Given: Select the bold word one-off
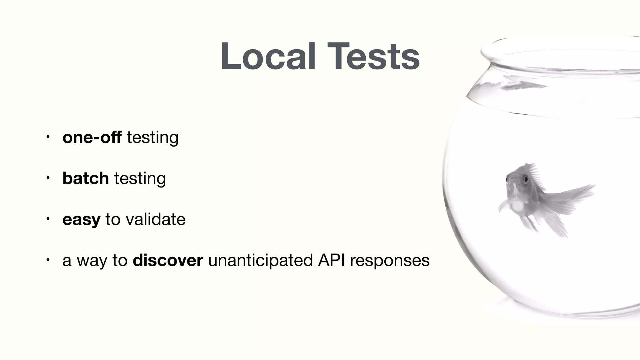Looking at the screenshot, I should (92, 137).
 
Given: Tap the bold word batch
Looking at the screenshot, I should (86, 178).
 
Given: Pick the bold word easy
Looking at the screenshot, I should (81, 219).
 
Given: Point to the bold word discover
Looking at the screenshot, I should (168, 260).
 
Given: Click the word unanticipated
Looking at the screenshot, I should (260, 260).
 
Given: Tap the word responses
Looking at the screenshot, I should (390, 260).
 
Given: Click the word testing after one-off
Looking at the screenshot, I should (152, 137).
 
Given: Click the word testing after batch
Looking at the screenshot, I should (140, 178).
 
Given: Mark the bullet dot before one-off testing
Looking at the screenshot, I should (47, 137).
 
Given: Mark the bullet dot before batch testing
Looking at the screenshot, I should (47, 178).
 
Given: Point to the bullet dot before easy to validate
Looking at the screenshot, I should (47, 219).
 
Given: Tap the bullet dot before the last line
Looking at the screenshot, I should (47, 260).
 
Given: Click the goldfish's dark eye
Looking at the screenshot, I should (526, 179).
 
